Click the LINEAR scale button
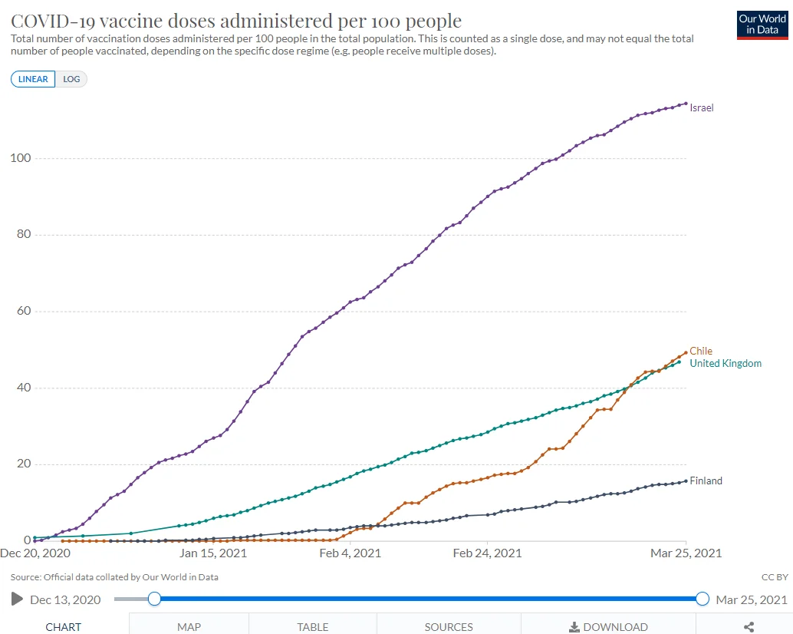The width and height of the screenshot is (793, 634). click(x=33, y=79)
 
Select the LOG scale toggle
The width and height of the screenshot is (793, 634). click(x=71, y=79)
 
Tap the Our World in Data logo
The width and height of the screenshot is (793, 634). click(x=762, y=25)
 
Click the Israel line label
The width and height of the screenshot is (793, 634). click(x=701, y=108)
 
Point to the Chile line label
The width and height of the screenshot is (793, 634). click(x=701, y=352)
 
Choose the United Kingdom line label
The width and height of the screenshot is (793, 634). click(x=726, y=363)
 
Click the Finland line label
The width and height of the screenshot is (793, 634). click(x=706, y=481)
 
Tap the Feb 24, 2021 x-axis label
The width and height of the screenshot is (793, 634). click(x=487, y=553)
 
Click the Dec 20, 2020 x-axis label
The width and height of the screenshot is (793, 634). click(x=35, y=553)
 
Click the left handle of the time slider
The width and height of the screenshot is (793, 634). click(x=154, y=599)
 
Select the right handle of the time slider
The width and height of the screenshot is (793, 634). click(x=702, y=599)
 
